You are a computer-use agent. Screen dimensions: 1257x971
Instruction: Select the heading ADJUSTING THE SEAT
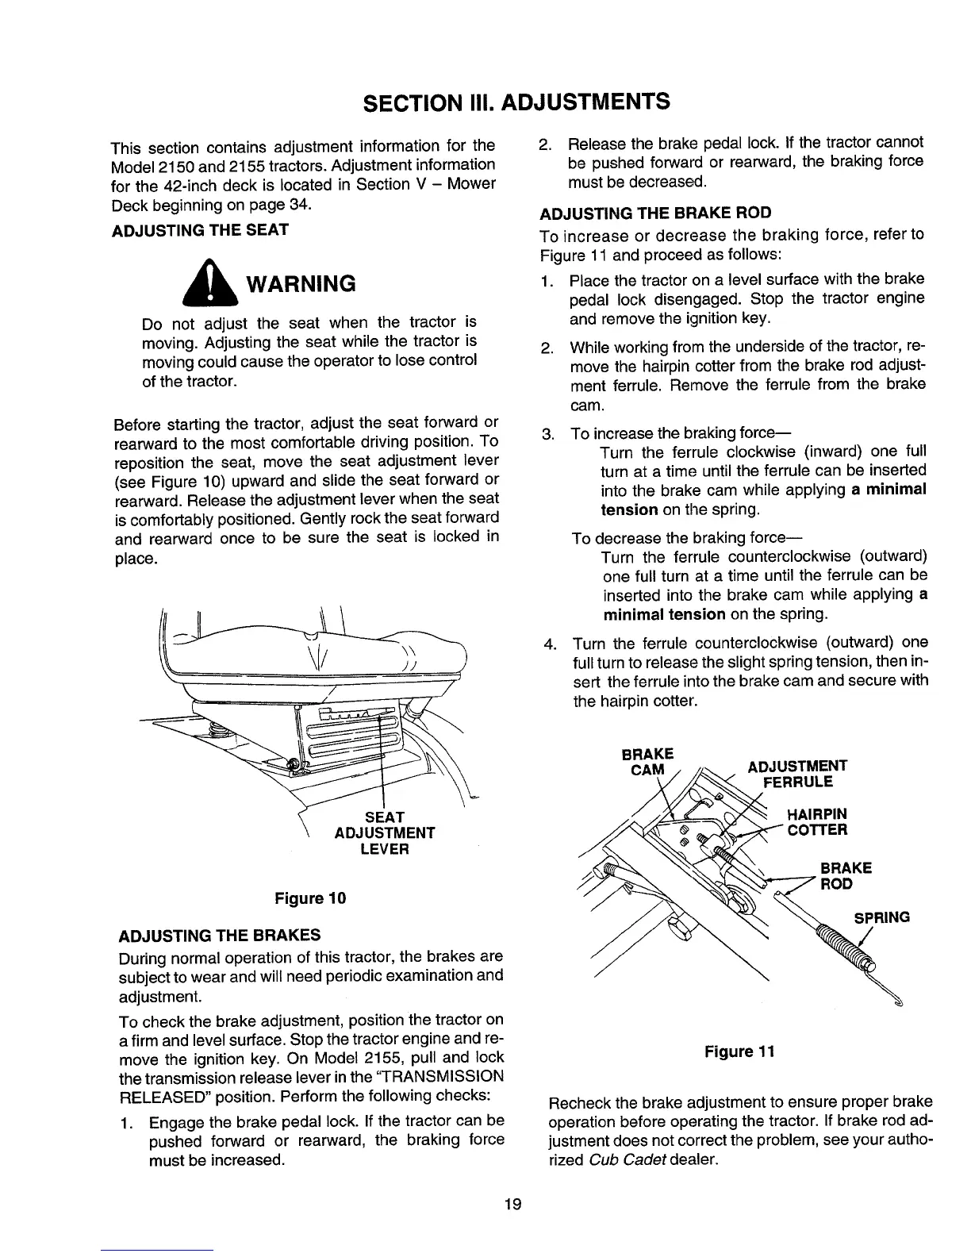tap(201, 230)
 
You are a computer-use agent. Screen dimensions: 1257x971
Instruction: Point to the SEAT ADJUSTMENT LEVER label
tap(385, 832)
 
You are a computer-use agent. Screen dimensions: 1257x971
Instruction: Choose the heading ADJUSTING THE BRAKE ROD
tap(655, 213)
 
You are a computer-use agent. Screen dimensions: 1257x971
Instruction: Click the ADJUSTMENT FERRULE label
tap(797, 774)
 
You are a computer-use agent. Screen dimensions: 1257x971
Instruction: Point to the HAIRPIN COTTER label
tap(816, 822)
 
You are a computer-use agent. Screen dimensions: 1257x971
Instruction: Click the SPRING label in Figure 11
tap(881, 918)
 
